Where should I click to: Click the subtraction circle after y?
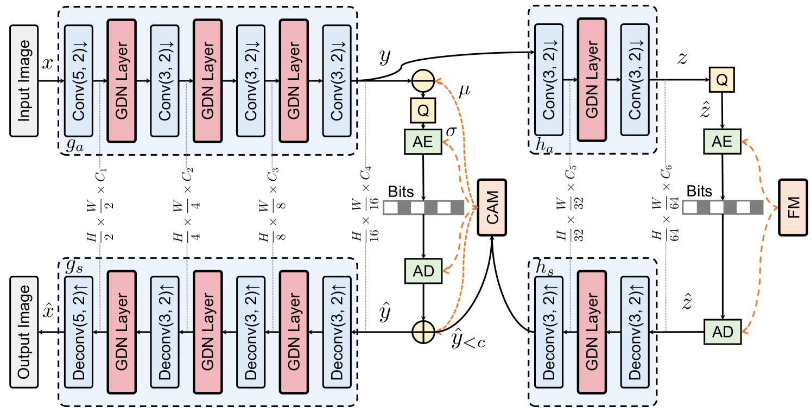click(x=423, y=81)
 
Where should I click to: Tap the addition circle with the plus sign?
click(x=423, y=331)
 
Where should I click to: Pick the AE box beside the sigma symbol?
click(x=423, y=142)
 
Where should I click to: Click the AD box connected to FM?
click(x=722, y=331)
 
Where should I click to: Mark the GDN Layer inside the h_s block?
click(x=593, y=332)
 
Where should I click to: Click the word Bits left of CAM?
click(x=401, y=193)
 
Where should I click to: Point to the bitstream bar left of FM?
click(x=723, y=207)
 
